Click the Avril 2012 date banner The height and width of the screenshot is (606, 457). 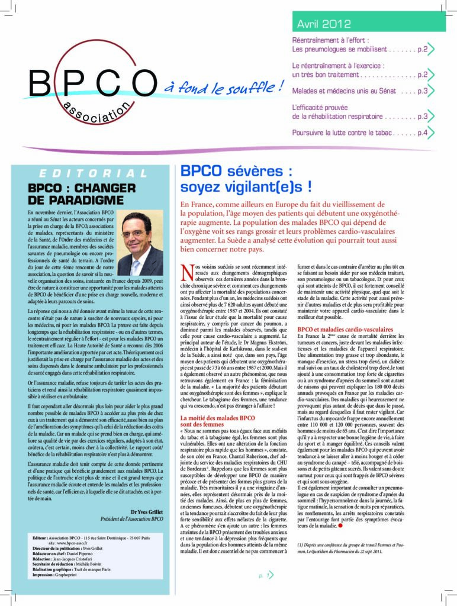click(x=324, y=24)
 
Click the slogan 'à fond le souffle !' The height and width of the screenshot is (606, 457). click(x=222, y=88)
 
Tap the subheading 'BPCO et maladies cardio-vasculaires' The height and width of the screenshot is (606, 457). click(x=345, y=329)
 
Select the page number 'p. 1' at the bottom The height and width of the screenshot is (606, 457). click(x=264, y=574)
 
